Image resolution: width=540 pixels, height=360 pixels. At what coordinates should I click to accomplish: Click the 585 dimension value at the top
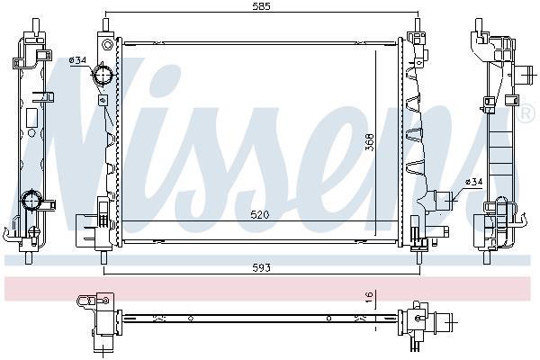coord(261,6)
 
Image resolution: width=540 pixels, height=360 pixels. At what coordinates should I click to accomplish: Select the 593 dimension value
coord(261,267)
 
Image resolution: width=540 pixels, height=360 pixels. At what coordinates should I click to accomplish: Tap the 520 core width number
coord(260,215)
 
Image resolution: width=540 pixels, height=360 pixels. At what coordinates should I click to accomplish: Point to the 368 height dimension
coord(369,142)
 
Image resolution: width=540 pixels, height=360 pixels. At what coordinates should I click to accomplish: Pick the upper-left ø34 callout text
coord(77,60)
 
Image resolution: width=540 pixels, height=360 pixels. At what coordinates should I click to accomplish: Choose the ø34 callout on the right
coord(474,182)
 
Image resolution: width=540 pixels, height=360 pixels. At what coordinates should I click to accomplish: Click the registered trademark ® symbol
coord(526,114)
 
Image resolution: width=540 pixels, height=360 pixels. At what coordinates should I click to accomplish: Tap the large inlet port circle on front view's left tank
coord(103,76)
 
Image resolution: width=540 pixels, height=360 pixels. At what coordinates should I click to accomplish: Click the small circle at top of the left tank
coord(108,45)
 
